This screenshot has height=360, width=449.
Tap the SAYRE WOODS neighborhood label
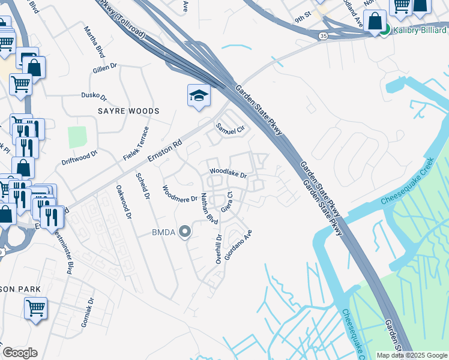click(x=129, y=111)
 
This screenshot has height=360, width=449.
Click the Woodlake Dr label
click(x=228, y=173)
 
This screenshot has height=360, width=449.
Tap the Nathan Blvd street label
click(x=209, y=208)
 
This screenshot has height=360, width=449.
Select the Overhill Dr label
click(x=219, y=248)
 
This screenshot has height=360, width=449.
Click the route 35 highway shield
click(x=324, y=37)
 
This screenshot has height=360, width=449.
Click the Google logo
click(x=20, y=353)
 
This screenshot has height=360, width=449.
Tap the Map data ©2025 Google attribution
click(x=412, y=355)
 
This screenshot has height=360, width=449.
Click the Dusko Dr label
click(x=94, y=96)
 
